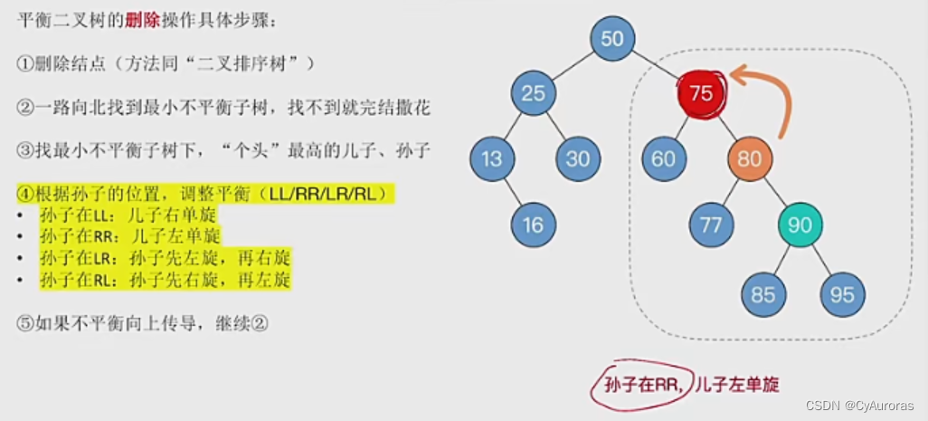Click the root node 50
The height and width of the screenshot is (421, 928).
tap(612, 38)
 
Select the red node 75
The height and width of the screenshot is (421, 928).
tap(701, 92)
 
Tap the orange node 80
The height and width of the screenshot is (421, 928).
tap(750, 159)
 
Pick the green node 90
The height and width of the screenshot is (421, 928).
tap(800, 225)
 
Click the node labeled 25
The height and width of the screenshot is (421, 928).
tap(533, 92)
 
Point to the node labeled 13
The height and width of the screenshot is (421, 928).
tap(491, 159)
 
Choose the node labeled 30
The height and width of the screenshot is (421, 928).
tap(577, 159)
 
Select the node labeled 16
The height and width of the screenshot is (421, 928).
tap(533, 225)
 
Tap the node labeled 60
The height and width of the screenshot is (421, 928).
tap(663, 159)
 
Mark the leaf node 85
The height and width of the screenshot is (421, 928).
tap(762, 293)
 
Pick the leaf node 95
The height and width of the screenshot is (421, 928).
tap(843, 293)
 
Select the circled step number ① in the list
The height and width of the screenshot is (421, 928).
tap(25, 63)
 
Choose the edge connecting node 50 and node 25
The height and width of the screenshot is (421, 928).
tap(573, 65)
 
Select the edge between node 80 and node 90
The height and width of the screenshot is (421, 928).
tap(775, 192)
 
